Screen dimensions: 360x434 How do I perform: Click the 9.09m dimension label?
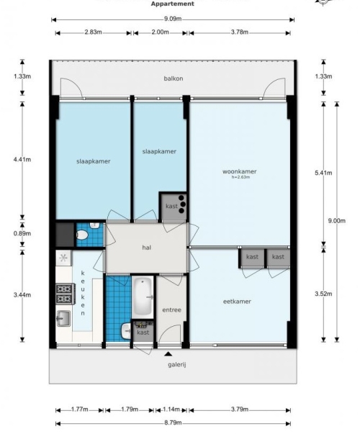(x=173, y=19)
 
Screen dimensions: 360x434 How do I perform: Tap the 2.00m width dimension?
(x=160, y=32)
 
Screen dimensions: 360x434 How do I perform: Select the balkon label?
(x=174, y=78)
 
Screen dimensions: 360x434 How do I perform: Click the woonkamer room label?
(x=240, y=171)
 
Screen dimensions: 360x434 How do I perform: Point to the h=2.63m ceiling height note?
(x=240, y=177)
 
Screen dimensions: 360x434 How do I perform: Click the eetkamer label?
(x=237, y=302)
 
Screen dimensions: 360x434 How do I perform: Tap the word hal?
(x=146, y=248)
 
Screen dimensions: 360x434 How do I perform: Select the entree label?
(x=171, y=310)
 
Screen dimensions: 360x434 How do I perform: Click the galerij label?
(x=177, y=364)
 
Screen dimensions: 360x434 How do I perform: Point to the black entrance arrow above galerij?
(x=168, y=353)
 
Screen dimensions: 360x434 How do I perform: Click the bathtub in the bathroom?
(x=143, y=297)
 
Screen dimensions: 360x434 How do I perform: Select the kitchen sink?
(x=63, y=318)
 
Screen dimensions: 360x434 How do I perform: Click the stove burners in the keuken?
(x=66, y=294)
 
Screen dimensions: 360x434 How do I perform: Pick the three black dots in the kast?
(x=181, y=204)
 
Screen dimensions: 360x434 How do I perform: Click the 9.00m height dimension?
(x=337, y=220)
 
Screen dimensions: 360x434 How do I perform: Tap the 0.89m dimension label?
(x=22, y=233)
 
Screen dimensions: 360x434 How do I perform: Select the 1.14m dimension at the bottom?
(x=171, y=409)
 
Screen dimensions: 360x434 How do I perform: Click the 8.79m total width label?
(x=173, y=422)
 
